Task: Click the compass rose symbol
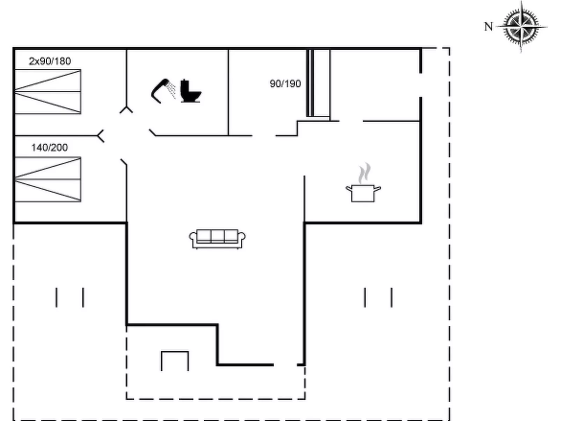(x=521, y=26)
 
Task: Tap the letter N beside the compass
(x=488, y=27)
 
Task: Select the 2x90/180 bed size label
(x=50, y=61)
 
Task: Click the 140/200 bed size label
(x=50, y=147)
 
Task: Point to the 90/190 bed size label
(x=285, y=84)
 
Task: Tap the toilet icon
(x=191, y=91)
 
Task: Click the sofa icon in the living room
(x=218, y=239)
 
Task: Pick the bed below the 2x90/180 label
(x=48, y=92)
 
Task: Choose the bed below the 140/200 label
(x=48, y=180)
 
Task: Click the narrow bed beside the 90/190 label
(x=319, y=83)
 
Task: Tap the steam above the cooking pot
(x=364, y=173)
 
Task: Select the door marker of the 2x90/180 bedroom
(x=126, y=110)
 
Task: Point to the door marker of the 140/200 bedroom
(x=101, y=136)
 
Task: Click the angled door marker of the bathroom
(x=153, y=132)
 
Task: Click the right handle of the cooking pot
(x=378, y=189)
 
